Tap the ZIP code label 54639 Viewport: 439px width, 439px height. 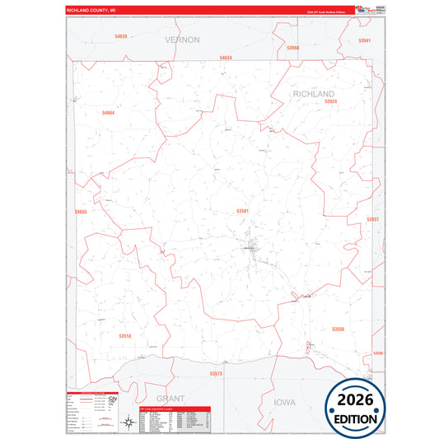[121, 36]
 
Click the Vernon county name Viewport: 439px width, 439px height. [182, 40]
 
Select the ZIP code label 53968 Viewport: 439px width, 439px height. [293, 48]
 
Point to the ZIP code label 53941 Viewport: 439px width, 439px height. [365, 40]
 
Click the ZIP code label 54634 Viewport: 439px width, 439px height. [226, 58]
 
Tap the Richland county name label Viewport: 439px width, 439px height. [314, 95]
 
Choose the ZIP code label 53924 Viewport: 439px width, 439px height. [330, 101]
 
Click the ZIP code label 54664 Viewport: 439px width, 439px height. [108, 112]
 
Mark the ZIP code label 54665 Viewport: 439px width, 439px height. [80, 212]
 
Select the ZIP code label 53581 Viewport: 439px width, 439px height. [243, 211]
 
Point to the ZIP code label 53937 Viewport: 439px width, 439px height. [373, 219]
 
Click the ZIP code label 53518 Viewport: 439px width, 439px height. [124, 336]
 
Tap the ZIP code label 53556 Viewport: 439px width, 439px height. [338, 329]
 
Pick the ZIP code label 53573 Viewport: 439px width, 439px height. [216, 374]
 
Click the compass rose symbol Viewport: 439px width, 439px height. [128, 423]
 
